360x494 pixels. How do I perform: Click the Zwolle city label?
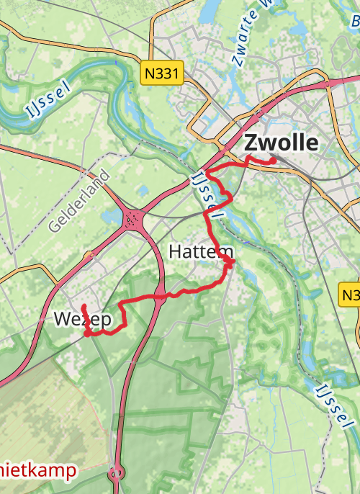point(281,142)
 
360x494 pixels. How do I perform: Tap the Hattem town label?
point(201,251)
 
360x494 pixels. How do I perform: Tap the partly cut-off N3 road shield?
point(350,295)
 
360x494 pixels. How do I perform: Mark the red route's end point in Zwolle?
point(274,161)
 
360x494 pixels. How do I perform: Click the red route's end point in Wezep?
point(84,307)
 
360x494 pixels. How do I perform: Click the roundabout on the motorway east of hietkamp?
point(115,474)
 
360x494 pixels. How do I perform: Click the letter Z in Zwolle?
point(251,142)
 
